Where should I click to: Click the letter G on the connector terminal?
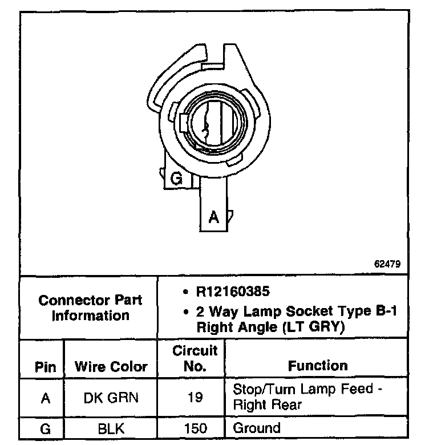point(177,179)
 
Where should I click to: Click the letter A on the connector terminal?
point(213,217)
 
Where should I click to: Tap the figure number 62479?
point(388,264)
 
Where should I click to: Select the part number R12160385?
point(232,292)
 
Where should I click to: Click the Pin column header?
point(46,367)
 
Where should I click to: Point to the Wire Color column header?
point(111,367)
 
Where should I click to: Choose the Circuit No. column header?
point(195,358)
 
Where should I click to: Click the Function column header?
point(318,366)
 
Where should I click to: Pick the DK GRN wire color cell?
point(111,398)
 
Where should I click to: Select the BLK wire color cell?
point(111,428)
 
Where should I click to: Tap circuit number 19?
point(195,398)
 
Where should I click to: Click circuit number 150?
point(195,428)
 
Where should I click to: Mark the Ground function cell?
point(257,428)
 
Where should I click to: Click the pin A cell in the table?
point(46,398)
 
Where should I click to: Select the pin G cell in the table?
point(46,428)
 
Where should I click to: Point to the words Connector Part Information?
point(90,308)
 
